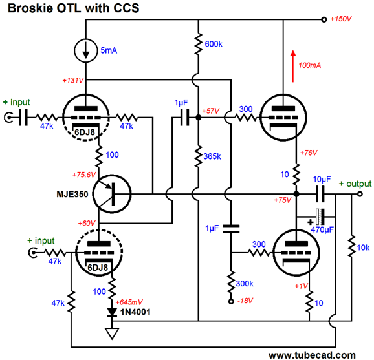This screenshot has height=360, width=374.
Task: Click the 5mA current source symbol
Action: click(86, 50)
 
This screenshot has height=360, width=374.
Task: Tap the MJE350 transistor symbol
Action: click(112, 194)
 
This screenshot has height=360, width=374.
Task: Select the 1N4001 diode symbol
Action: click(112, 312)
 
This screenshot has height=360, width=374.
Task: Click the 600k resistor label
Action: click(214, 44)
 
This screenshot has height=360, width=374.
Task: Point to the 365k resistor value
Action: click(212, 156)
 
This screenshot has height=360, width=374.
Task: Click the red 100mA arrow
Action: click(293, 66)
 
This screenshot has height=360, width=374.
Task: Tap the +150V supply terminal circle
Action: click(324, 19)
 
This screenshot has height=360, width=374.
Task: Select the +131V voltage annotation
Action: click(73, 81)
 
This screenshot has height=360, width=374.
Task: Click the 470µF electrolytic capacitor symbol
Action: click(320, 217)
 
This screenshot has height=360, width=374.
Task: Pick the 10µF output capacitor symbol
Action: click(320, 194)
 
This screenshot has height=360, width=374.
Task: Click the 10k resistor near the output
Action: click(351, 246)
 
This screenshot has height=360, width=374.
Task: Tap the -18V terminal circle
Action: click(230, 302)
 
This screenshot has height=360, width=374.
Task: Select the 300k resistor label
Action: click(245, 284)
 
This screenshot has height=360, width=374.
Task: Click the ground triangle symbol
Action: click(112, 333)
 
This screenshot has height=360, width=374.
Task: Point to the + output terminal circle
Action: click(360, 194)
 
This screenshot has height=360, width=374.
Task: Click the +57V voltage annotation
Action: click(210, 111)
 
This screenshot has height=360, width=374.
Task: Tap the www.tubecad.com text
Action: click(312, 355)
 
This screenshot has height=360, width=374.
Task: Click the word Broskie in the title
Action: click(30, 8)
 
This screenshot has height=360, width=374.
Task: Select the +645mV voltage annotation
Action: click(129, 302)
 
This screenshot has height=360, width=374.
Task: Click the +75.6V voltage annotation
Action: click(84, 175)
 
